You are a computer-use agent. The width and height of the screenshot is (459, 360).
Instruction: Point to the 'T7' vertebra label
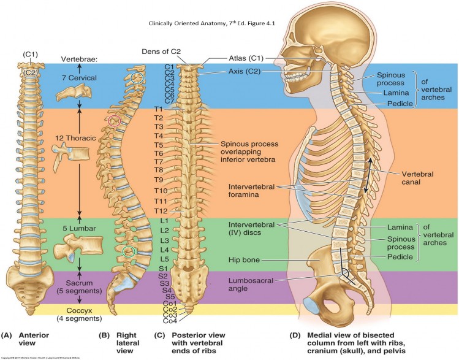pos(158,161)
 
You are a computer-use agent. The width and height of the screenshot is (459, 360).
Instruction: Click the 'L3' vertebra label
pos(164,240)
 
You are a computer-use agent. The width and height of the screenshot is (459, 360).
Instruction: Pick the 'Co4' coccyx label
pos(170,320)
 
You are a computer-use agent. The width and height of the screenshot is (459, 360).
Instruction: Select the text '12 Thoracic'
pos(75,138)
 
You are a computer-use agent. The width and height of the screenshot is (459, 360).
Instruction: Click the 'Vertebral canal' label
pos(418,178)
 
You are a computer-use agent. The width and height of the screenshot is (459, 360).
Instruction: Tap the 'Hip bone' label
pos(243,260)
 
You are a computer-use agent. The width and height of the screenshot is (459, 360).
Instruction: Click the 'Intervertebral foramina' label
pos(254,191)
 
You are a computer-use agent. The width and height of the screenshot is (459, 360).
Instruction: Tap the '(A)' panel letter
pos(7,335)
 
